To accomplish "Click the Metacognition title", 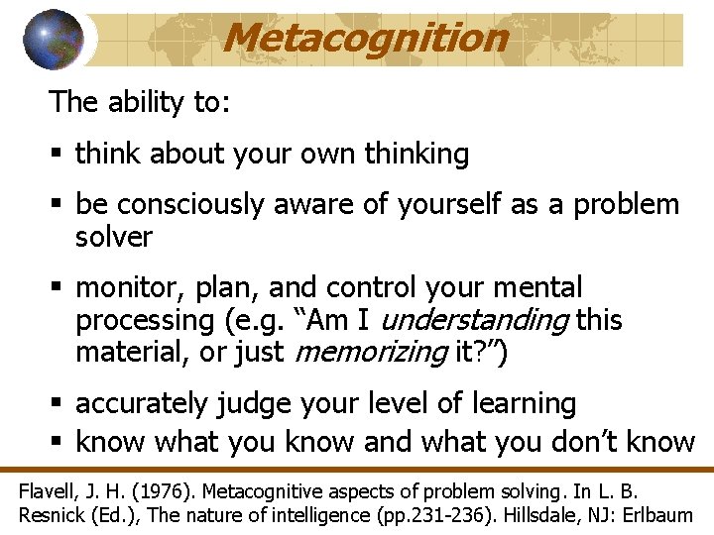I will [365, 38].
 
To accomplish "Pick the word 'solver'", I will [113, 238].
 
